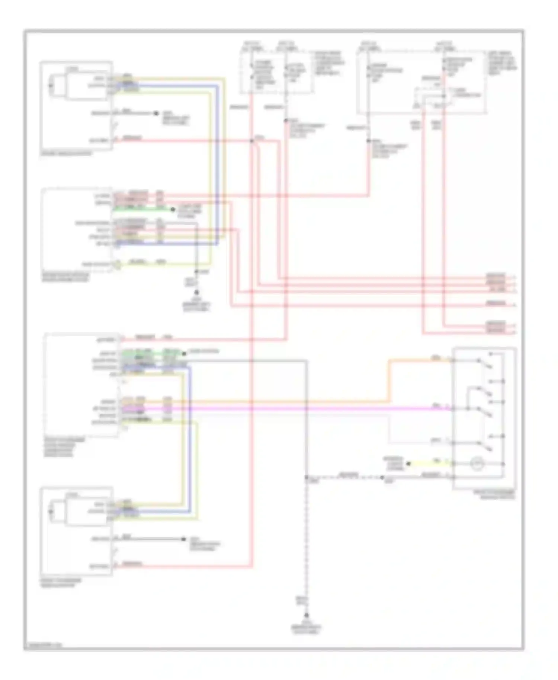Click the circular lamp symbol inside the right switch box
[x=477, y=464]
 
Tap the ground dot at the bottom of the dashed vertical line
[x=307, y=615]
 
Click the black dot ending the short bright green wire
[x=173, y=210]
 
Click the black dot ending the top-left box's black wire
[x=156, y=113]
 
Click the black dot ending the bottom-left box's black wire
[x=183, y=539]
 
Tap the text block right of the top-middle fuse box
[x=330, y=63]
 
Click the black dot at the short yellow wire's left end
[x=408, y=464]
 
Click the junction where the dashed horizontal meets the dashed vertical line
[x=307, y=477]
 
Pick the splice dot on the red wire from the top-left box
[x=252, y=141]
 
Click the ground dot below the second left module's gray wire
[x=197, y=293]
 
